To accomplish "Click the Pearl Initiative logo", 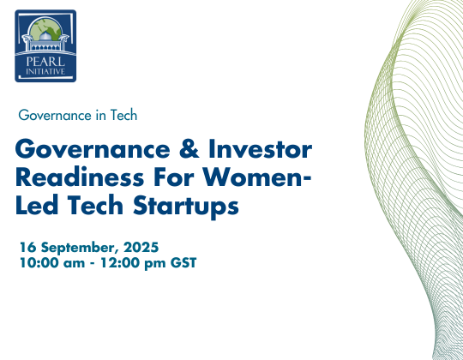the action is coord(45,45).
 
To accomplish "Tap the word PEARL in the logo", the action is coord(45,62).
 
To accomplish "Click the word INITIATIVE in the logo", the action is coord(45,72).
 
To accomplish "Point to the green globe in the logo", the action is coord(45,27).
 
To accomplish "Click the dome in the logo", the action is coord(45,36).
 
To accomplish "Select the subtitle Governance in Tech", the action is coord(78,115).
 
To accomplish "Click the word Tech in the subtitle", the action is coord(123,115).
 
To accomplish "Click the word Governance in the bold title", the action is coord(93,149).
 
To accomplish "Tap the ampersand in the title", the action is coord(189,149).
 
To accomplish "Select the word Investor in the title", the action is coord(260,149).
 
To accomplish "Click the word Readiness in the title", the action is coord(80,177).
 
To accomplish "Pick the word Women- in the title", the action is coord(257,177).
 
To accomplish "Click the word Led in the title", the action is coord(37,205).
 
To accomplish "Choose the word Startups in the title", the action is coord(186,207).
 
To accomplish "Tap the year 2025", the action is coord(141,247).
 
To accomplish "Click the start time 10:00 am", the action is coord(52,262).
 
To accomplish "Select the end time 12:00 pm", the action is coord(133,263).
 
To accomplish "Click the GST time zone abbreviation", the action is coord(183,262).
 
